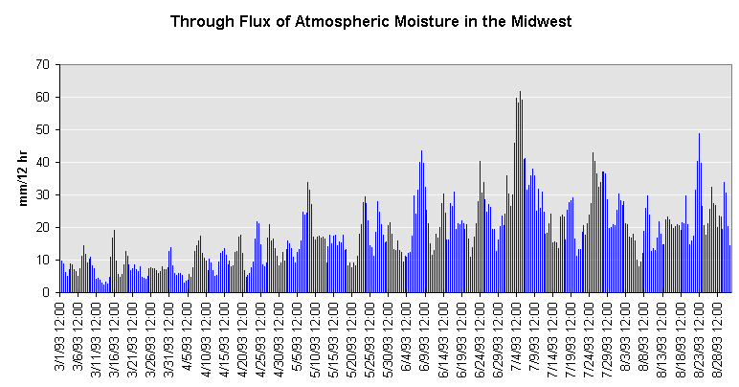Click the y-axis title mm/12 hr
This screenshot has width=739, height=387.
click(x=26, y=178)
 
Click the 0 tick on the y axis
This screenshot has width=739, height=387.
click(x=45, y=293)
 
